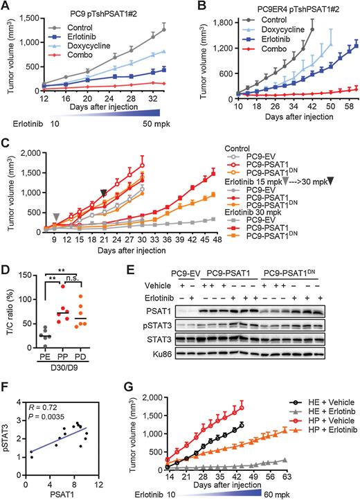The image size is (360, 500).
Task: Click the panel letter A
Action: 6,7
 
